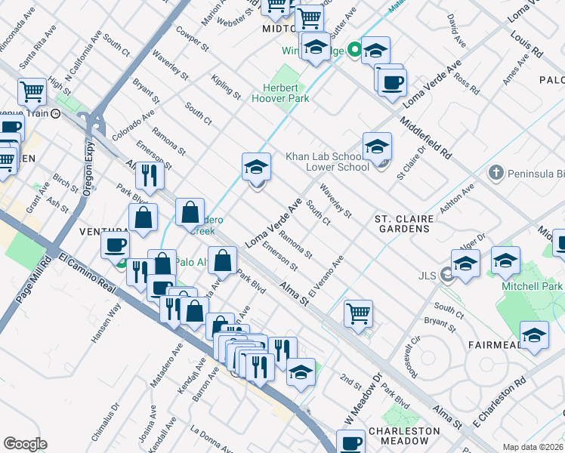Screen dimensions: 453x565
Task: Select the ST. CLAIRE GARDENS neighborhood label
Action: click(x=404, y=223)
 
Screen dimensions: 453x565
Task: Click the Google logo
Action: click(x=25, y=444)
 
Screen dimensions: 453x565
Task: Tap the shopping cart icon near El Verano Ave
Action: click(x=358, y=312)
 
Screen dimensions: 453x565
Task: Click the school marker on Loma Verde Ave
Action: click(x=256, y=166)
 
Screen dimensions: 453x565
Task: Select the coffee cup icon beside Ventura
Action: click(x=116, y=244)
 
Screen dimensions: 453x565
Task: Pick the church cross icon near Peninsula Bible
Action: click(x=496, y=174)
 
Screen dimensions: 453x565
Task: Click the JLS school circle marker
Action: click(x=447, y=276)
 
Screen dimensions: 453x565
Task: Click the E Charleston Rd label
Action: click(x=498, y=399)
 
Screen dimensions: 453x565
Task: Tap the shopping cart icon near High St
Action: click(x=32, y=92)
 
